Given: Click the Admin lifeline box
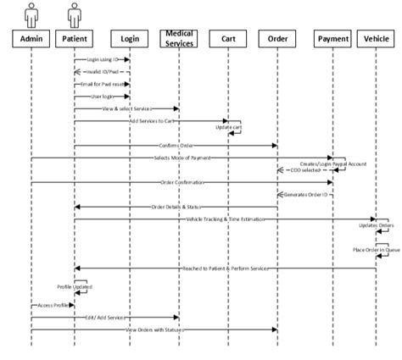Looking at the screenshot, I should pyautogui.click(x=31, y=39).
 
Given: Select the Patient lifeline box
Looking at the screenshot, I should pyautogui.click(x=74, y=39).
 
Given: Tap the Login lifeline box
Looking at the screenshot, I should pyautogui.click(x=130, y=39).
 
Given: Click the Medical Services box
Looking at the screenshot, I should pyautogui.click(x=179, y=39).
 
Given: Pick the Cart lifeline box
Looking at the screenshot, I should pyautogui.click(x=228, y=39).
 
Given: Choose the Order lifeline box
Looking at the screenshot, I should pyautogui.click(x=277, y=39).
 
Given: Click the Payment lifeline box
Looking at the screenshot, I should pyautogui.click(x=332, y=39).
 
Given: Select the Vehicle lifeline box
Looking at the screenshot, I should pyautogui.click(x=376, y=39).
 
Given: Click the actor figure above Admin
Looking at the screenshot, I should pyautogui.click(x=31, y=14).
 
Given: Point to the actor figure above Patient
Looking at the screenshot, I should pyautogui.click(x=74, y=14).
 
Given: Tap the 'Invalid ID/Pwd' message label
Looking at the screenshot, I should pyautogui.click(x=103, y=72).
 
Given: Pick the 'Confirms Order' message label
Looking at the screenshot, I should pyautogui.click(x=174, y=146).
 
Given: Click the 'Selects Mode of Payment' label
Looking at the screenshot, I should pyautogui.click(x=181, y=158).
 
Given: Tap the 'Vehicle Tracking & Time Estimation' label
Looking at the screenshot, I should pyautogui.click(x=226, y=219).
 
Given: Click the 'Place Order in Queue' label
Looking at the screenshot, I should pyautogui.click(x=377, y=250).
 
